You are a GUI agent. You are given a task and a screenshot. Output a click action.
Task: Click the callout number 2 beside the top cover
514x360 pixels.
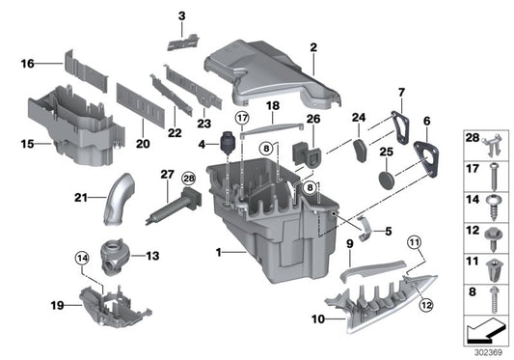pyautogui.click(x=313, y=46)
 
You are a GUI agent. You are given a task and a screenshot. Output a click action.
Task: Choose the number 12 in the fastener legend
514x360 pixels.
pyautogui.click(x=473, y=233)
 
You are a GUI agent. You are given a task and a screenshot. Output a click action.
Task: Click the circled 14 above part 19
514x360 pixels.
pyautogui.click(x=82, y=258)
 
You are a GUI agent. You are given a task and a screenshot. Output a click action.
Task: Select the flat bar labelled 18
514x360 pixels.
pyautogui.click(x=273, y=121)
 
